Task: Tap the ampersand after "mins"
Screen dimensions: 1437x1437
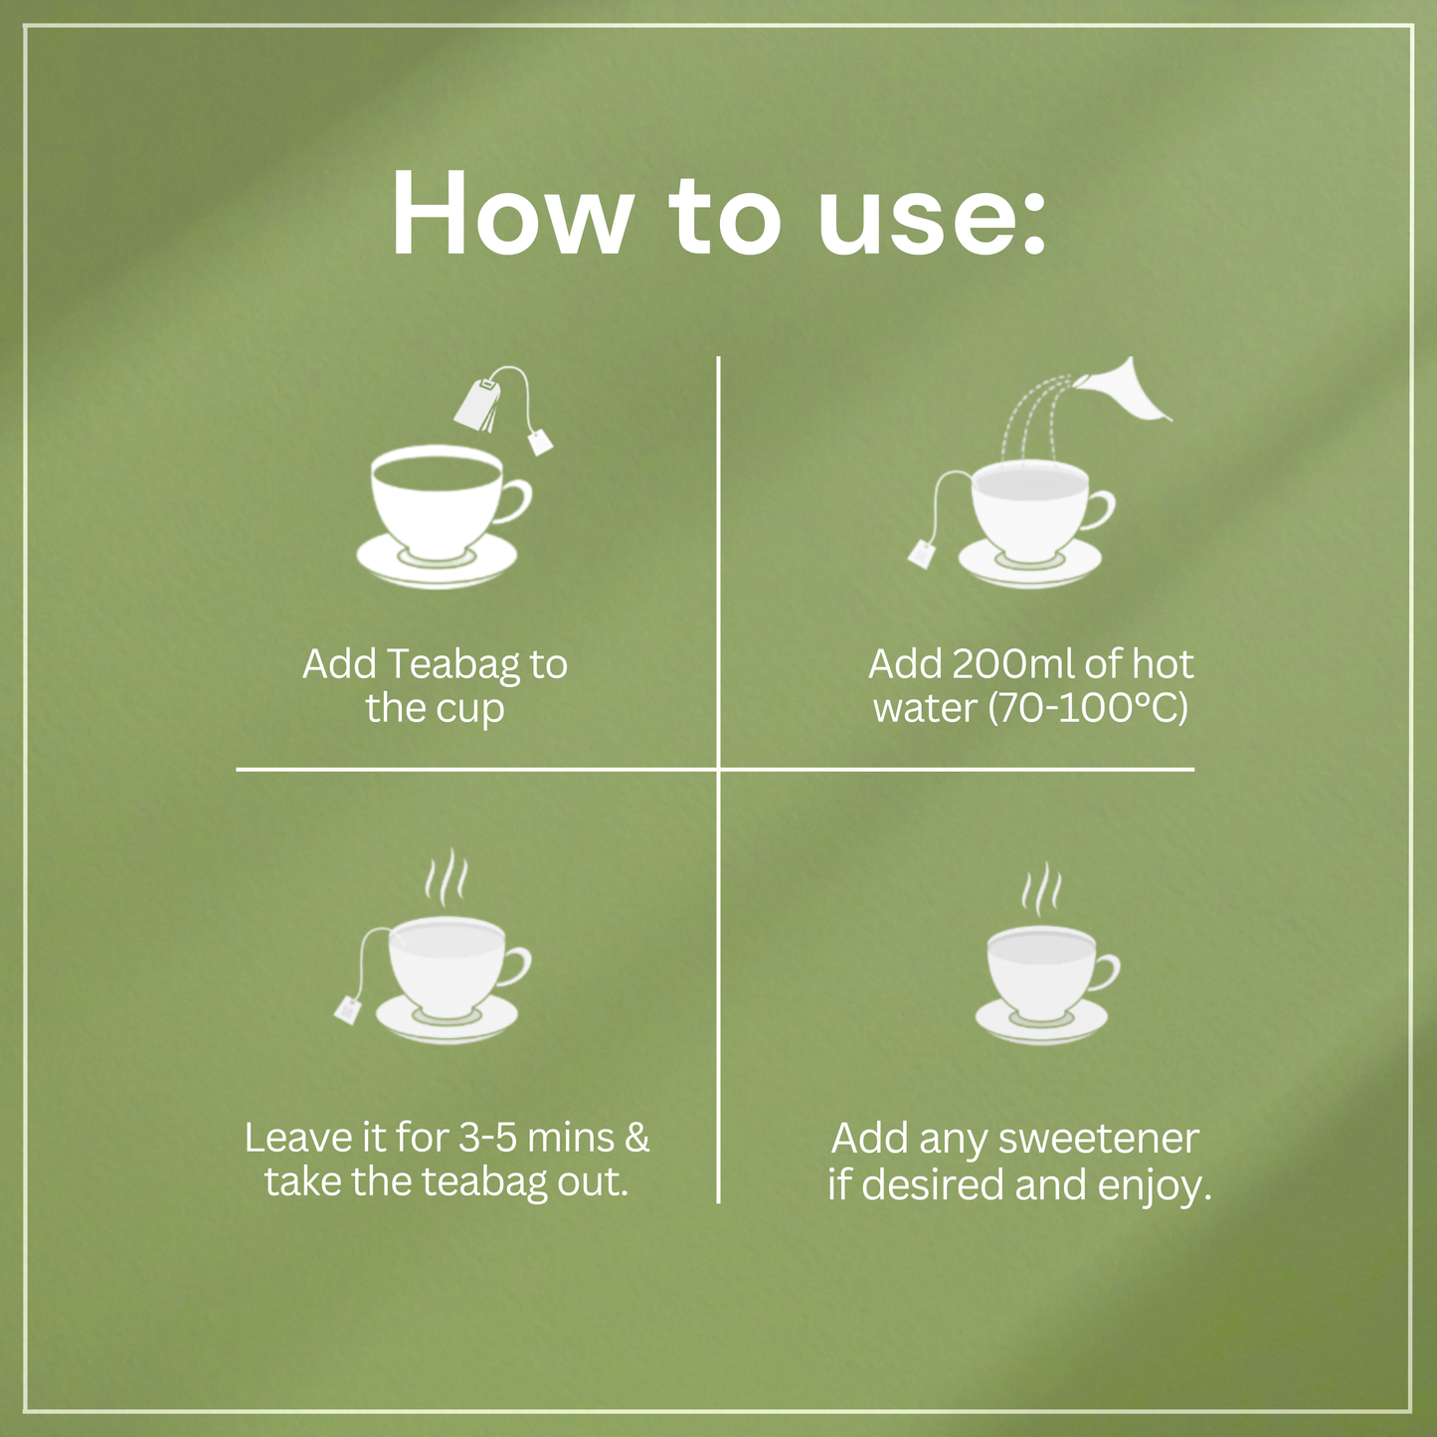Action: point(637,1138)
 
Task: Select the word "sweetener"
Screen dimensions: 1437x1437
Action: point(1098,1140)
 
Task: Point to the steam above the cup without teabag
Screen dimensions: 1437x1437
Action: point(1041,892)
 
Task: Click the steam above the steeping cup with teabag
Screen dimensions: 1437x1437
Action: point(445,875)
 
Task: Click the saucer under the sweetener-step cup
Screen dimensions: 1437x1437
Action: point(1041,1021)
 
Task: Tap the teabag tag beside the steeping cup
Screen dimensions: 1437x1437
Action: point(348,1008)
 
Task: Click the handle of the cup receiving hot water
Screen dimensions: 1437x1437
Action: point(1100,510)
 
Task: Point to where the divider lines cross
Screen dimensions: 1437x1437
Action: point(718,769)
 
